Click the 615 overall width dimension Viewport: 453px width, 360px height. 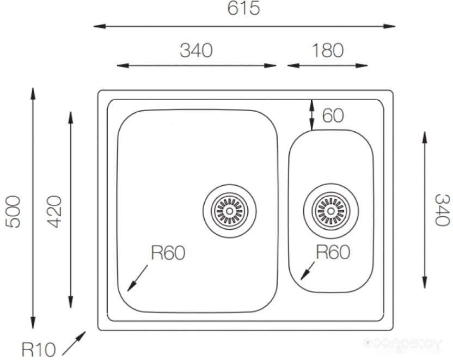click(x=243, y=8)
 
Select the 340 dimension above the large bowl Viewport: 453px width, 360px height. click(x=196, y=50)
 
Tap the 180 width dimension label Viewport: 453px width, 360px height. click(x=327, y=50)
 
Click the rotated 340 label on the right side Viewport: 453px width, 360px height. click(x=442, y=210)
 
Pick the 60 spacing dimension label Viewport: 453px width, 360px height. click(x=333, y=115)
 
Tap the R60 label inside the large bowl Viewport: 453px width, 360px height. click(x=168, y=253)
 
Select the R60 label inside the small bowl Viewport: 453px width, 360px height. click(x=333, y=252)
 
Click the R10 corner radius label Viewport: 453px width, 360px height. click(x=39, y=349)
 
